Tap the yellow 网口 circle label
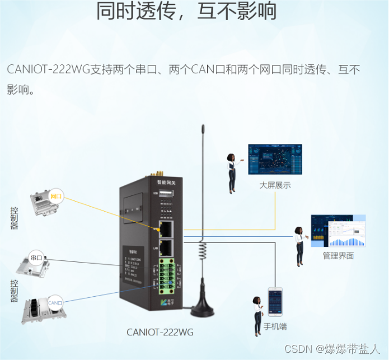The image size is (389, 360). point(57,196)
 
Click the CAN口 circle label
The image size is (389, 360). point(55,303)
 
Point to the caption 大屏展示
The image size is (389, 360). point(275,185)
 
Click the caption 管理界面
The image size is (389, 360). point(338,256)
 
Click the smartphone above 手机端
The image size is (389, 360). point(275,303)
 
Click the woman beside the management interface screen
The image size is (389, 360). point(300,246)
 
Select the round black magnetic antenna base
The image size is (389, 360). point(202,308)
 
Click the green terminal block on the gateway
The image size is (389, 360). point(167,276)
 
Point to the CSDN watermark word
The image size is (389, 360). point(297,349)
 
